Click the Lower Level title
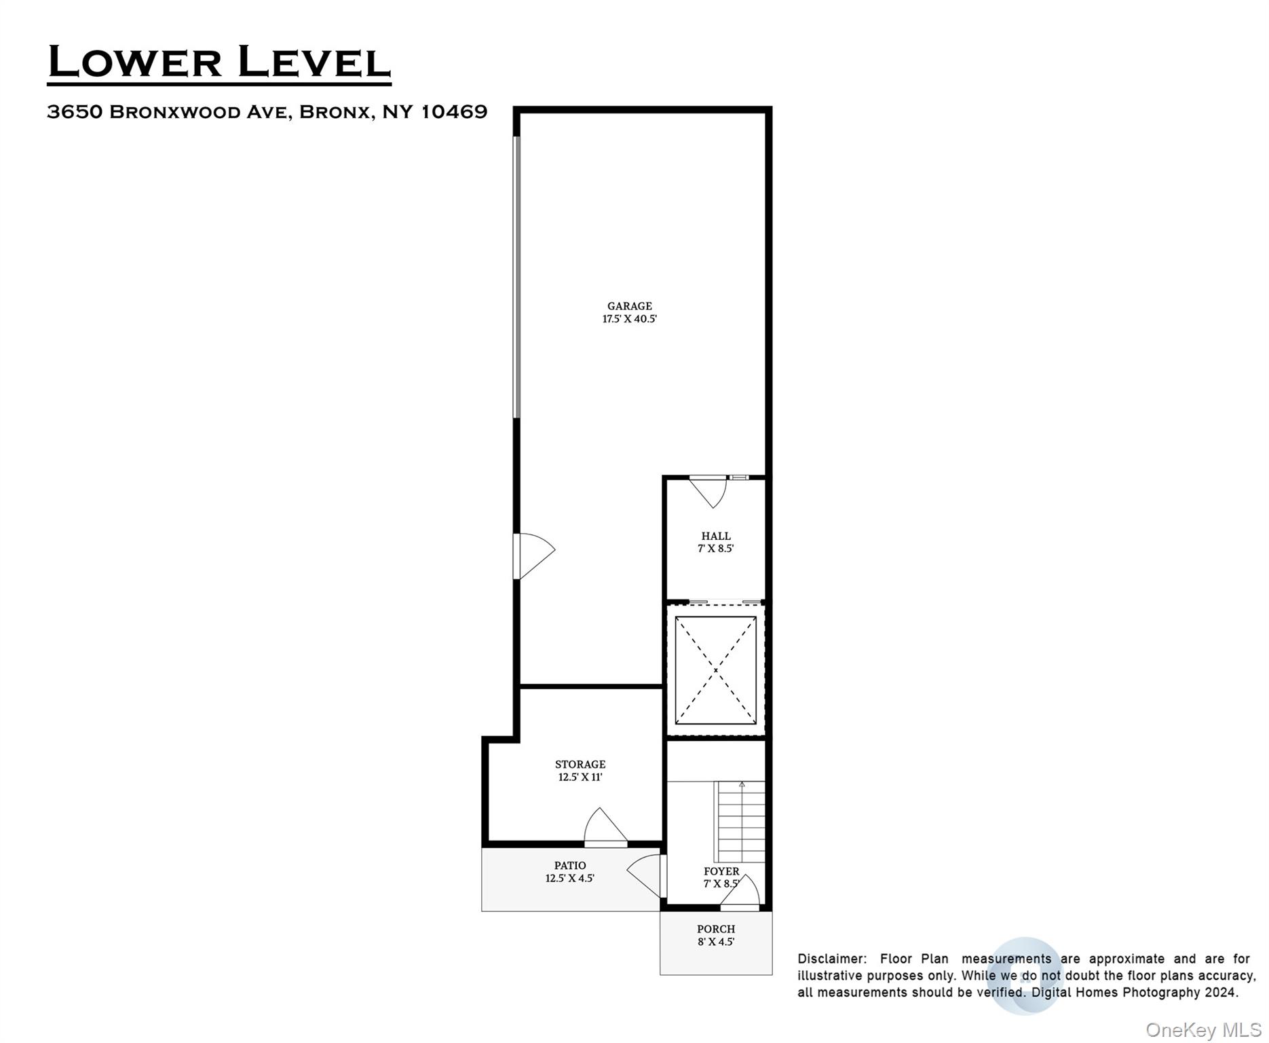(219, 62)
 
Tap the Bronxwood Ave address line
(267, 112)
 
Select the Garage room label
(629, 306)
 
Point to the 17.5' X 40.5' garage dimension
(629, 319)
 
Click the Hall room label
(716, 536)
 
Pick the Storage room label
(580, 765)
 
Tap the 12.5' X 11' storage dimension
(580, 777)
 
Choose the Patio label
(570, 866)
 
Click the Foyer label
(721, 871)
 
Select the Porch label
(716, 929)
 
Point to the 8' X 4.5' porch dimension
(716, 942)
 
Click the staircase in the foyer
(742, 822)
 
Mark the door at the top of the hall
(709, 490)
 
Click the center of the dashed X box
(715, 670)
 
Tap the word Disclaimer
(832, 959)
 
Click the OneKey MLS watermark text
(1203, 1030)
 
